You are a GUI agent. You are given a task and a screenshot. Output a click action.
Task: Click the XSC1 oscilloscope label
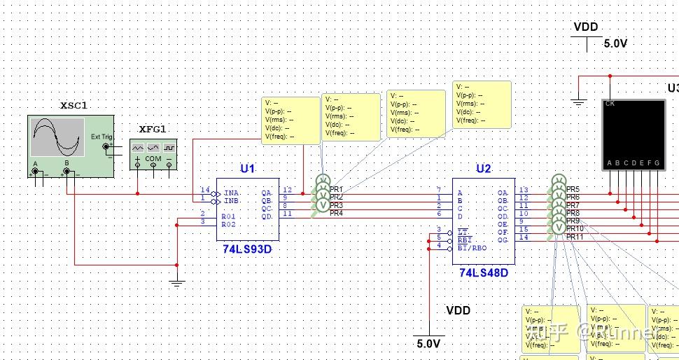click(73, 106)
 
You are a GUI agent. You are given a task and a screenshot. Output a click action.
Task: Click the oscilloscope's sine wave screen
click(53, 137)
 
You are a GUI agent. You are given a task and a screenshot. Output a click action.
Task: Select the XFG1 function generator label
click(153, 130)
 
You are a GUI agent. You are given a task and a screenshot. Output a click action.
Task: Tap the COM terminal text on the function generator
click(153, 159)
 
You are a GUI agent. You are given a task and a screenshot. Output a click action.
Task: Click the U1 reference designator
click(247, 169)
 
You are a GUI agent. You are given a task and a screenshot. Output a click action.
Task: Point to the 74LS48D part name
click(484, 272)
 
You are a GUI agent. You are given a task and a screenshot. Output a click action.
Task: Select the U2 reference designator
click(484, 169)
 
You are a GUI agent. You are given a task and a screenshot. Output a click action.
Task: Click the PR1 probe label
click(337, 190)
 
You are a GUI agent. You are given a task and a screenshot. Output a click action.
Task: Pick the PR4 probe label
click(337, 213)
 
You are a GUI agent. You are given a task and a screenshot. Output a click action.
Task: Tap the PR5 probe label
click(573, 190)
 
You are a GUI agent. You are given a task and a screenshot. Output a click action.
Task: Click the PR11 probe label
click(575, 237)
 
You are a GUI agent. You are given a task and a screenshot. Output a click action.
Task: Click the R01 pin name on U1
click(228, 216)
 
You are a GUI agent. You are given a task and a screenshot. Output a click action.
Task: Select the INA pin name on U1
click(231, 192)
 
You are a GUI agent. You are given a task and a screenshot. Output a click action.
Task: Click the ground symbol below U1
click(177, 283)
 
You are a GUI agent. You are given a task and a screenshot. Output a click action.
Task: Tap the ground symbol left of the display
click(578, 102)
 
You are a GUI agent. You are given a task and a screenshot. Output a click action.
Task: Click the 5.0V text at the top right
click(615, 43)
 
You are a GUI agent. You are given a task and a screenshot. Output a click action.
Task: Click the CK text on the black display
click(610, 104)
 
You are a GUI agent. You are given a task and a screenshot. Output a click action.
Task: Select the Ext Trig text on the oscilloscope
click(101, 137)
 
